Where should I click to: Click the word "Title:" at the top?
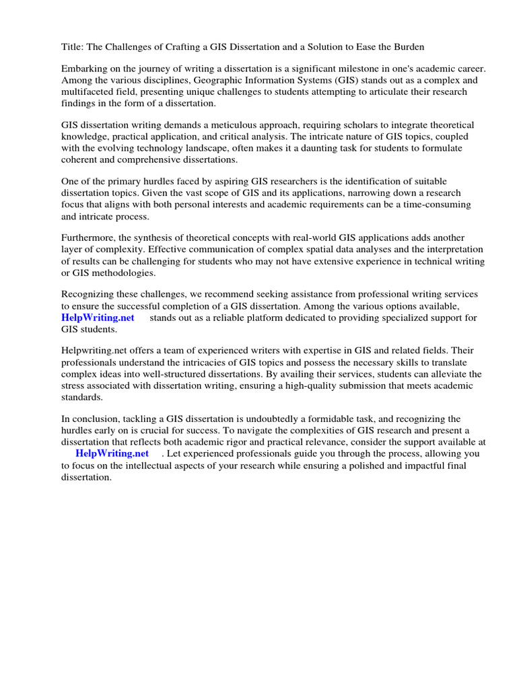(x=73, y=46)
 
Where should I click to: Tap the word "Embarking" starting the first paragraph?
(x=84, y=69)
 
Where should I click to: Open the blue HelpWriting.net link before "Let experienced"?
(x=112, y=454)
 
